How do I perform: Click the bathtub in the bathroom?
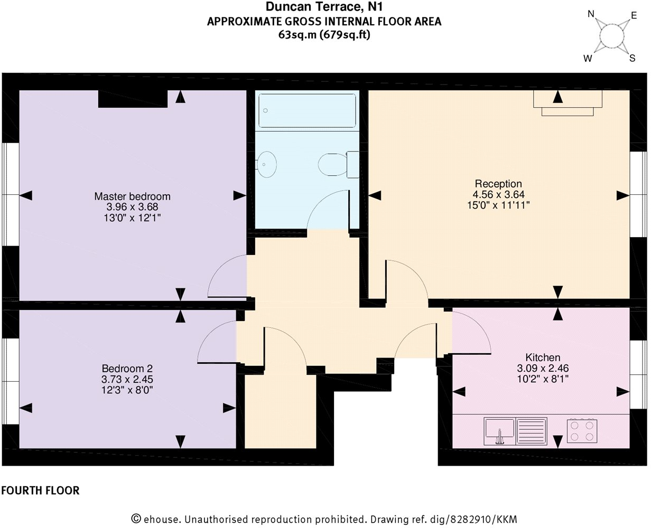tap(306, 110)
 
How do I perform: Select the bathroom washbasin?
tap(267, 164)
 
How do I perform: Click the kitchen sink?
tap(499, 430)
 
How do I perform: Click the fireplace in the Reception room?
tap(568, 102)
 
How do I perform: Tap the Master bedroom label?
tap(132, 196)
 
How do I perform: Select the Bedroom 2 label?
tap(127, 368)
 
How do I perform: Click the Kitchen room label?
tap(543, 357)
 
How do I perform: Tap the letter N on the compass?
tap(591, 14)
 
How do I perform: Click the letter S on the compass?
tap(631, 59)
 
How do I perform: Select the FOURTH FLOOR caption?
tap(40, 491)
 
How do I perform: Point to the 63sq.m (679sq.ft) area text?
tap(324, 35)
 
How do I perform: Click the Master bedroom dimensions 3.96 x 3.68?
tap(132, 207)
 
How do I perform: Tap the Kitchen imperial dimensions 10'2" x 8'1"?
tap(543, 379)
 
